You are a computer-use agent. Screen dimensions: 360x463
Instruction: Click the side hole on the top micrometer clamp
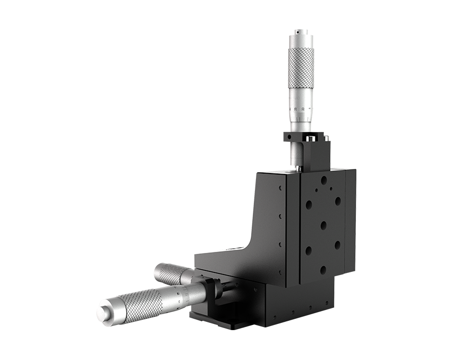(x=290, y=136)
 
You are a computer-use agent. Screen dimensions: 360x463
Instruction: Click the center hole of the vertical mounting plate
(x=323, y=225)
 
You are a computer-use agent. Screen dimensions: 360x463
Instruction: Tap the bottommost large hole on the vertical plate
(x=323, y=269)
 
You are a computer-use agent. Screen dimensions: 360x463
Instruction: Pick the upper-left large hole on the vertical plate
(x=308, y=204)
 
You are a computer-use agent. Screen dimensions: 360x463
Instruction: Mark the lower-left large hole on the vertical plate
(x=308, y=251)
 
